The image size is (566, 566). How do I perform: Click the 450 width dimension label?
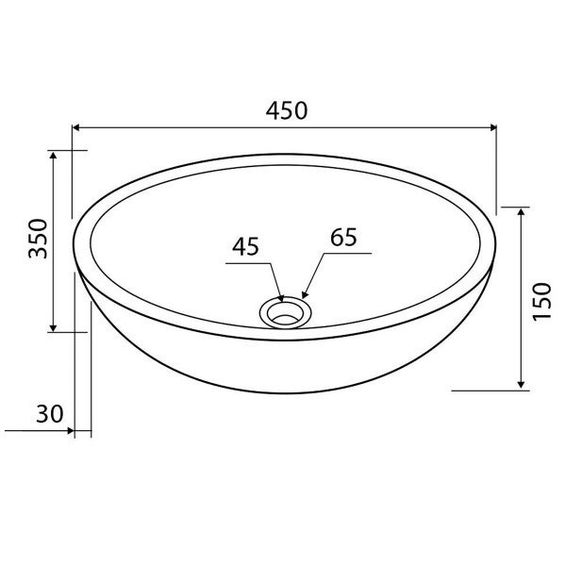(285, 109)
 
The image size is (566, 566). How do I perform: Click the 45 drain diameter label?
(244, 246)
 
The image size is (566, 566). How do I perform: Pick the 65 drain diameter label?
(344, 237)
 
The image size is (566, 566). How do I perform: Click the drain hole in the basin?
(284, 310)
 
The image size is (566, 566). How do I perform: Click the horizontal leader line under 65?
(349, 253)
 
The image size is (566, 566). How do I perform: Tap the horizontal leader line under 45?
(247, 264)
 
